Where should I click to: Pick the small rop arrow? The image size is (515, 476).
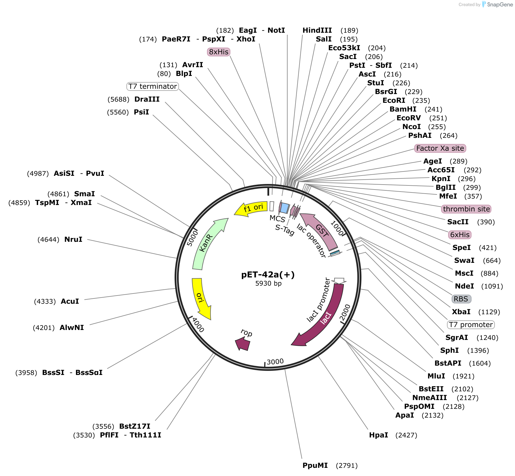(x=243, y=344)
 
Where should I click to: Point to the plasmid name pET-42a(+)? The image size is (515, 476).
(x=268, y=275)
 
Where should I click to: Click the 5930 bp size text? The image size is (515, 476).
(x=268, y=284)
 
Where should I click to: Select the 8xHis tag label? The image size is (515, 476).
(x=219, y=52)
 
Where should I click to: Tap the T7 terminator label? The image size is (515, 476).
(x=153, y=86)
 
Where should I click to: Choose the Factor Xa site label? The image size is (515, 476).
(x=440, y=148)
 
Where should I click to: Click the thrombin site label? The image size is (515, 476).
(x=466, y=209)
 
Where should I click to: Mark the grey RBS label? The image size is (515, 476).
(x=461, y=299)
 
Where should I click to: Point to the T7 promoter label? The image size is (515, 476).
(x=471, y=325)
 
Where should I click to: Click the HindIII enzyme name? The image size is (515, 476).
(x=317, y=30)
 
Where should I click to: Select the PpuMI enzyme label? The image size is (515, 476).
(x=315, y=465)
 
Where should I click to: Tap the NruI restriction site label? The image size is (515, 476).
(x=73, y=239)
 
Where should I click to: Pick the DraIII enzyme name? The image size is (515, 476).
(x=147, y=99)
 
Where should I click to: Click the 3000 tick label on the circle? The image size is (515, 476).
(x=275, y=362)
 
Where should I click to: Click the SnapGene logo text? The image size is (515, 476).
(x=500, y=4)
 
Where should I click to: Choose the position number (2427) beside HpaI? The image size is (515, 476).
(x=406, y=435)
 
